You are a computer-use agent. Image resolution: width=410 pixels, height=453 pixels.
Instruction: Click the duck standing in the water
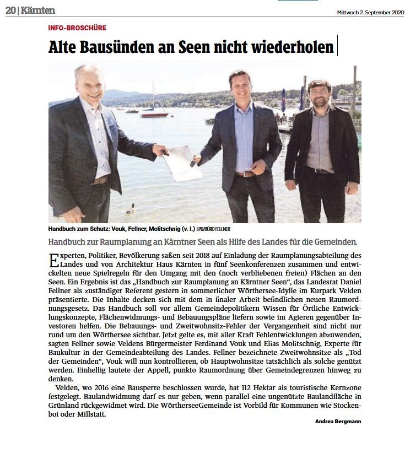(131, 209)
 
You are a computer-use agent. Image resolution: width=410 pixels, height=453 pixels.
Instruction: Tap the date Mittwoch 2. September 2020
(370, 12)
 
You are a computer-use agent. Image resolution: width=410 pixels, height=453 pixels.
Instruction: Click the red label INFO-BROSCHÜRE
(77, 28)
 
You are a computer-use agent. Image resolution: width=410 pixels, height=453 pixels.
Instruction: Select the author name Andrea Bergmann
(338, 422)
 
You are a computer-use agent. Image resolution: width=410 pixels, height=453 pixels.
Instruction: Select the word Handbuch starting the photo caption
(63, 229)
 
